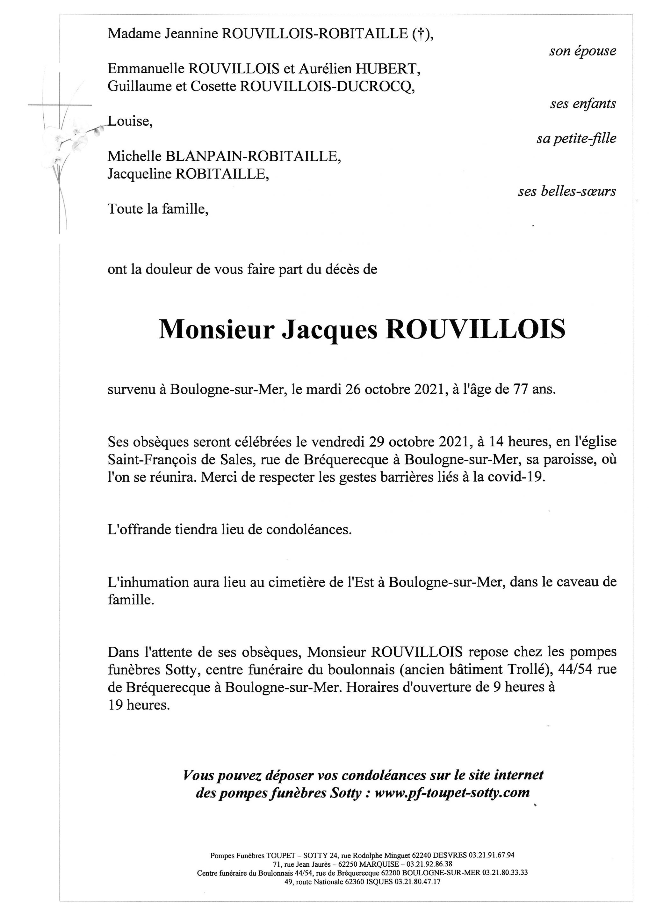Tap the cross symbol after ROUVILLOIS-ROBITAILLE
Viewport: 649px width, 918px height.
[x=420, y=34]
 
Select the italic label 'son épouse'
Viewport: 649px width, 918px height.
[x=582, y=52]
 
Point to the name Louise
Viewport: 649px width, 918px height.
[x=129, y=121]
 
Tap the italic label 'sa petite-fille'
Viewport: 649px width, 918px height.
[x=576, y=139]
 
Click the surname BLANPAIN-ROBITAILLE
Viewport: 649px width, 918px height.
[x=253, y=156]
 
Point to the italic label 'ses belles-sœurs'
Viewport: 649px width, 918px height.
[x=567, y=192]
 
